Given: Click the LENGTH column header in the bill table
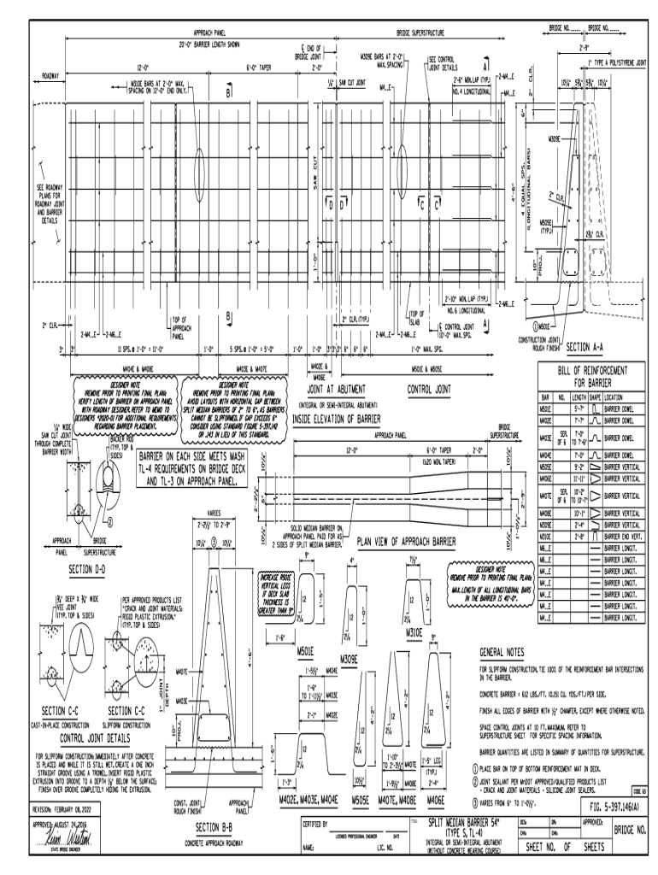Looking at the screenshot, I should coord(580,397).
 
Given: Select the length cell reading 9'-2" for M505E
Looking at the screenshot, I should coord(580,467).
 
